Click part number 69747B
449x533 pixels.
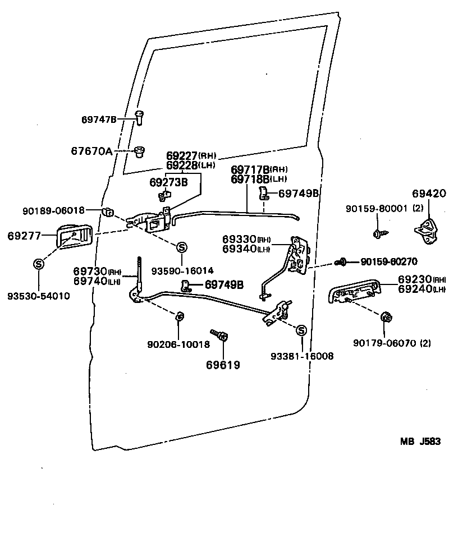tap(99, 120)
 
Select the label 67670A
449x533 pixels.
tap(91, 151)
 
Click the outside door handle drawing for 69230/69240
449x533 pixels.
tap(354, 292)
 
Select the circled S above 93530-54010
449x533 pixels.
tap(39, 264)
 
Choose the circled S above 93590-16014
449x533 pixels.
tap(182, 247)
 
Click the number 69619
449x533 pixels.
tap(223, 365)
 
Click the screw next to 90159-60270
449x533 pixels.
tap(341, 261)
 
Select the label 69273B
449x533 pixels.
tap(168, 182)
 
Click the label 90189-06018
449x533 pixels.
tap(54, 210)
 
